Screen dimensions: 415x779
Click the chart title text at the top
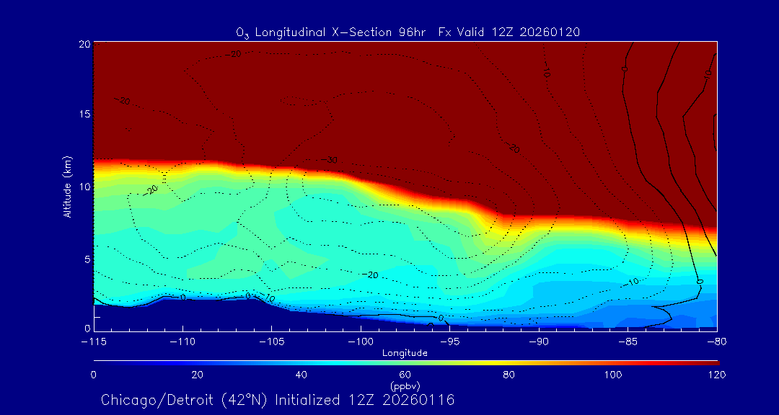click(x=408, y=32)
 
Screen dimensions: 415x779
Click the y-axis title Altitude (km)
click(x=67, y=186)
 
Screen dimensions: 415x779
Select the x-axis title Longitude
click(x=405, y=353)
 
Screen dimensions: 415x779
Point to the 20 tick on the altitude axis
click(x=84, y=44)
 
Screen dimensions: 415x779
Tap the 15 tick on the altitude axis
click(x=84, y=115)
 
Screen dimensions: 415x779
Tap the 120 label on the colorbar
click(x=717, y=375)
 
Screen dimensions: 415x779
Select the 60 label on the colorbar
click(x=405, y=375)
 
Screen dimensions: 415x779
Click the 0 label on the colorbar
click(x=94, y=375)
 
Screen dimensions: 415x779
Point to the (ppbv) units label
click(x=405, y=385)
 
